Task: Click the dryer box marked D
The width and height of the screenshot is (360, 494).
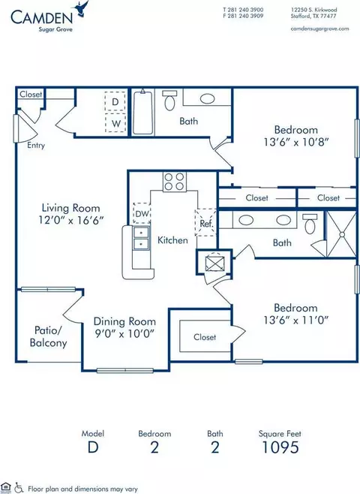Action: [x=115, y=101]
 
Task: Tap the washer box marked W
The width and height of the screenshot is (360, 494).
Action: [x=115, y=122]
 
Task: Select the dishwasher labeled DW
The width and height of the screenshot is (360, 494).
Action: [x=142, y=213]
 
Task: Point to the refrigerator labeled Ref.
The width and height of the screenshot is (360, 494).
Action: [x=205, y=223]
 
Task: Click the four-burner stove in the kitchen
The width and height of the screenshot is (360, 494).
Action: [x=174, y=182]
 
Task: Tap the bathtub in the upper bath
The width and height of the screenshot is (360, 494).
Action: [x=142, y=112]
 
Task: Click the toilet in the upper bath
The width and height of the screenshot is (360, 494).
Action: [x=169, y=100]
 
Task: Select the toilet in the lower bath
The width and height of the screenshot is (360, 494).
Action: [x=310, y=224]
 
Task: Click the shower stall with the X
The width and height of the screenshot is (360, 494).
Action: [x=341, y=234]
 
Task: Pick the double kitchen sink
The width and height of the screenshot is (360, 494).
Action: [x=141, y=238]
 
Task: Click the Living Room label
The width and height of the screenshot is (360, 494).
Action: [x=71, y=208]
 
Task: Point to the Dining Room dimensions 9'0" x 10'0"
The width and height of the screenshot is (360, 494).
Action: [x=124, y=333]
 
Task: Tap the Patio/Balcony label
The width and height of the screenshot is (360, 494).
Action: [x=49, y=336]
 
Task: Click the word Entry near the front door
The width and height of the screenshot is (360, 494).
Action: [x=36, y=145]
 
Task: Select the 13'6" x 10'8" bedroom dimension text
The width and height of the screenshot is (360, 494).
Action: [x=296, y=142]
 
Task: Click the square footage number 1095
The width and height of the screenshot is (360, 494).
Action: [x=280, y=447]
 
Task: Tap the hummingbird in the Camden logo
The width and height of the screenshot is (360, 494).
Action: [x=82, y=8]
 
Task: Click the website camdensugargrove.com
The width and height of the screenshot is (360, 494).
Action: [x=319, y=29]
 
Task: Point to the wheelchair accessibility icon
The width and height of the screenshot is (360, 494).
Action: [x=19, y=488]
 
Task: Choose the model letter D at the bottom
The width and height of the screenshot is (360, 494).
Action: [x=93, y=447]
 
